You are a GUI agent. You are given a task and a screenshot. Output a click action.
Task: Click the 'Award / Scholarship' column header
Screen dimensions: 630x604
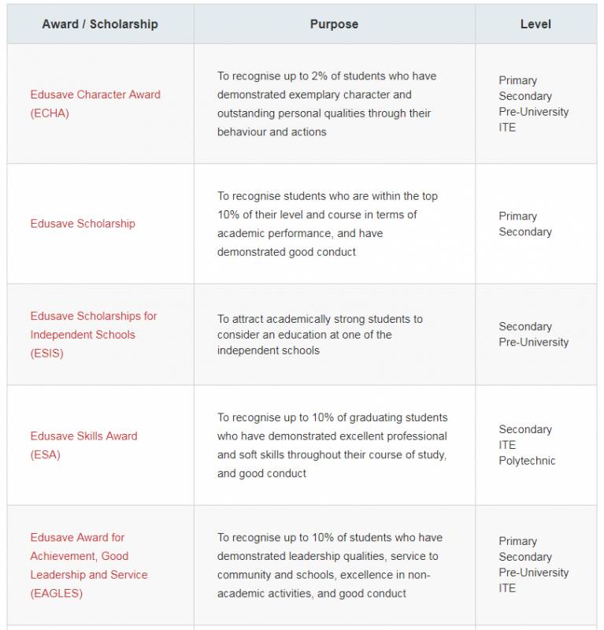click(100, 24)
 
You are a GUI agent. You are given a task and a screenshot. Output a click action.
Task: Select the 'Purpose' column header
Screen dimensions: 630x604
click(334, 24)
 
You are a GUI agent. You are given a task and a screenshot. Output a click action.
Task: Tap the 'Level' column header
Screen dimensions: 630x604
click(535, 24)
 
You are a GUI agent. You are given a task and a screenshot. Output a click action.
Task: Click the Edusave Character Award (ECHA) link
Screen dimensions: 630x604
click(95, 103)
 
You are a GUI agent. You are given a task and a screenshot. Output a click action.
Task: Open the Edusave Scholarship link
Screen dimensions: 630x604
click(83, 224)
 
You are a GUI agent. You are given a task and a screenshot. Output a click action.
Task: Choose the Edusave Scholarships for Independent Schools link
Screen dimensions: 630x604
click(94, 335)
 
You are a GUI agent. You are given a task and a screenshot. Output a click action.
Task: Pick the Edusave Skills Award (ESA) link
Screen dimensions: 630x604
click(83, 445)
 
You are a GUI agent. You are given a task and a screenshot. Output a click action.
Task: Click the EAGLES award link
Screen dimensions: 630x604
click(88, 565)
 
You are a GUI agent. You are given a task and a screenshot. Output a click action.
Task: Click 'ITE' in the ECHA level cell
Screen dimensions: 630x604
click(507, 128)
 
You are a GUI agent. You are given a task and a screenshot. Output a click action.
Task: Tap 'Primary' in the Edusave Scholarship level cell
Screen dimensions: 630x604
click(517, 216)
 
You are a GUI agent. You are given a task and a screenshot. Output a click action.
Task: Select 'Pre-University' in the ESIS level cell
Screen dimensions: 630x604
click(533, 343)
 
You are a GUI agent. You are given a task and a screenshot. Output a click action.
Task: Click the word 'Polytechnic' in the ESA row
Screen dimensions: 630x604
click(527, 461)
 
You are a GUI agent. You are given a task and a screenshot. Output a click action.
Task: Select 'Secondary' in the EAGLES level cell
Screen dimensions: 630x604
click(525, 557)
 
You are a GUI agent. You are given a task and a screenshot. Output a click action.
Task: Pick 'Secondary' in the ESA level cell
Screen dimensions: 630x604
click(525, 429)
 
